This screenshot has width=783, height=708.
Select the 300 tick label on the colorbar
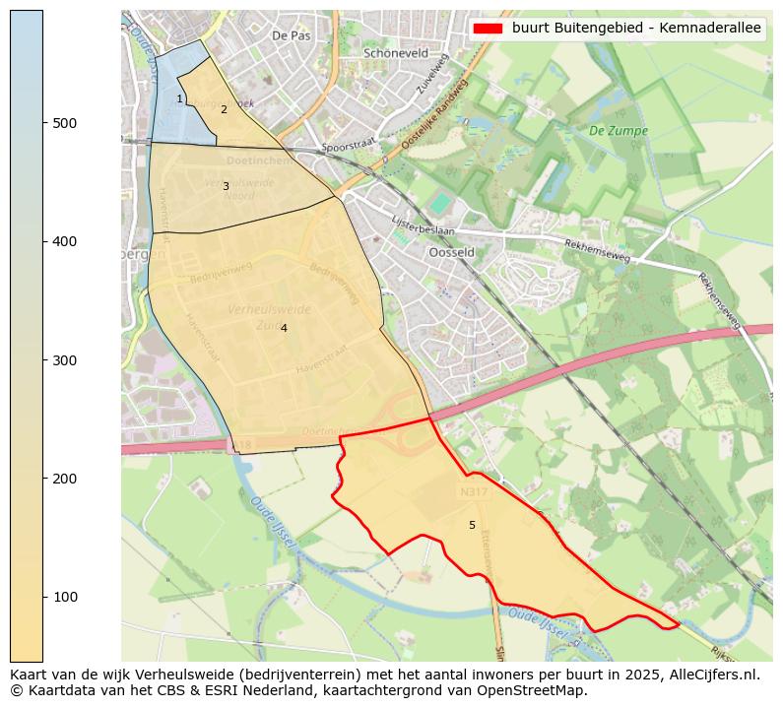point(65,360)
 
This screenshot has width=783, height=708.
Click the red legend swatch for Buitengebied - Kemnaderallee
point(488,29)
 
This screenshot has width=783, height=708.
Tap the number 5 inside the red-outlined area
point(472,525)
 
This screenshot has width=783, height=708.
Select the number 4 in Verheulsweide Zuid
point(284,328)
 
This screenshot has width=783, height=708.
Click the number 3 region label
point(226,186)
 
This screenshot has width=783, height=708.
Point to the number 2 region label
point(224,109)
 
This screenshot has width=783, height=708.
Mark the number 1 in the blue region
point(179,98)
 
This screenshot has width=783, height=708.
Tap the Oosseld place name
point(452,252)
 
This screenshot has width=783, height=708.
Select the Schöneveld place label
point(396,53)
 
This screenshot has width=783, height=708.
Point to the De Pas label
point(291,34)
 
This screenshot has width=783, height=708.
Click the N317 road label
point(473,490)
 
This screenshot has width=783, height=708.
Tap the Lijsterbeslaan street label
point(423,227)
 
